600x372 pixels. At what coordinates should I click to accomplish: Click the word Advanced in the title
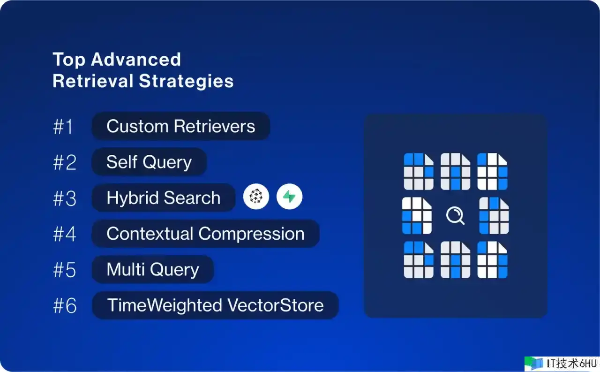136,59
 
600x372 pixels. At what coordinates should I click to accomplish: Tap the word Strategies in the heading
186,81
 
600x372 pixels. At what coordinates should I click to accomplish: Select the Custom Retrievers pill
181,126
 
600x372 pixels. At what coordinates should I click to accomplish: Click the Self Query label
149,162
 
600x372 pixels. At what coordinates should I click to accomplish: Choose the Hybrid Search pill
164,197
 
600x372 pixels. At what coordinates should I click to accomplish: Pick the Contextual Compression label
205,234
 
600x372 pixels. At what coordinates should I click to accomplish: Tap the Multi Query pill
153,269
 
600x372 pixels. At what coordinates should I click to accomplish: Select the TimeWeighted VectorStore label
215,305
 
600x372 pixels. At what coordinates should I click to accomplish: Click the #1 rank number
63,127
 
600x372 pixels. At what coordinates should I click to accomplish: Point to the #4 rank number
65,234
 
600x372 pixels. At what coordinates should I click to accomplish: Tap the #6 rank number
65,305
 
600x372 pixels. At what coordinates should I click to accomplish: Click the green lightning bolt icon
289,197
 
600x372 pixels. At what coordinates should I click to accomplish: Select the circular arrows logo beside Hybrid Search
256,197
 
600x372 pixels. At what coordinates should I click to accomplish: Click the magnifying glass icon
455,215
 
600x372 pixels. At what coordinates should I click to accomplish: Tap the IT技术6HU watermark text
572,364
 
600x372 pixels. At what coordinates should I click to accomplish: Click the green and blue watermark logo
533,364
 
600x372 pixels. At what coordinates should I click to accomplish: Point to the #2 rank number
65,162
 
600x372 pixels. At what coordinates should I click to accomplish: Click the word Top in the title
69,60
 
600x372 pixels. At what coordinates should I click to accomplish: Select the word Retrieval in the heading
93,81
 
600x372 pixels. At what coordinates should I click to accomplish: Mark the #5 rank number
65,270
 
